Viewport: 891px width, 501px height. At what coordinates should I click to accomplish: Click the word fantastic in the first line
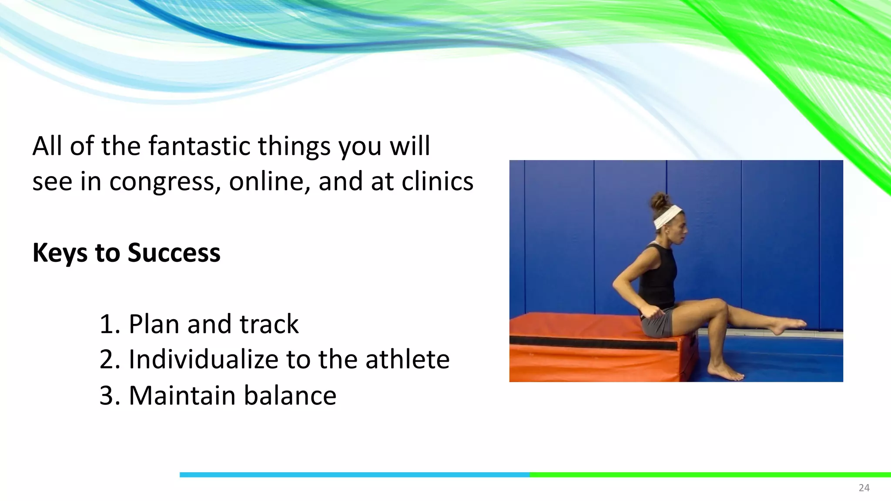pyautogui.click(x=200, y=146)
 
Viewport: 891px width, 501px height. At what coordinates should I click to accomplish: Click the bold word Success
pyautogui.click(x=174, y=253)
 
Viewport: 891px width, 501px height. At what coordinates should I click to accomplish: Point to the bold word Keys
pyautogui.click(x=60, y=253)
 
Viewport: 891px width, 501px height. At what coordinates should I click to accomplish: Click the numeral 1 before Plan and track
pyautogui.click(x=107, y=324)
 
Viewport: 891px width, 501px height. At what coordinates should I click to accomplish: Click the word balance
pyautogui.click(x=290, y=396)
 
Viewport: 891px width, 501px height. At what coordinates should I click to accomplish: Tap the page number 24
pyautogui.click(x=864, y=488)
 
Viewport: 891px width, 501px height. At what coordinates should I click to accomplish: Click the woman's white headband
pyautogui.click(x=668, y=217)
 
